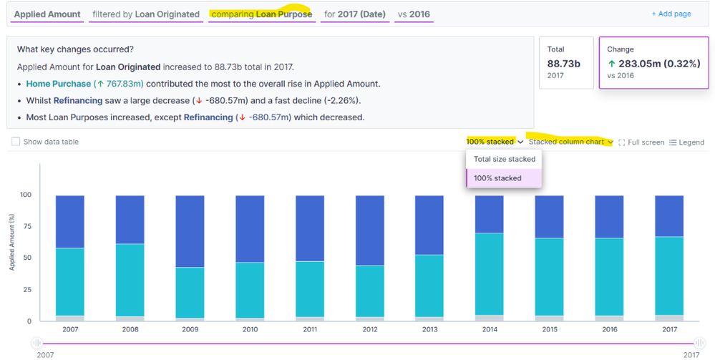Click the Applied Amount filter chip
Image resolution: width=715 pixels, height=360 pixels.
point(47,14)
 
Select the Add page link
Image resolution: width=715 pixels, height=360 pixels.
point(671,14)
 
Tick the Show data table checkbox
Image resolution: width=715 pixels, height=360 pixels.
point(16,142)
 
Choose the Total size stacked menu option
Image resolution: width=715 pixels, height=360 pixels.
point(504,160)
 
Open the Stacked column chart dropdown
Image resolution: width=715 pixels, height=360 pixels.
point(570,142)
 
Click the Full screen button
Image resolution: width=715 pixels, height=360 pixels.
point(641,142)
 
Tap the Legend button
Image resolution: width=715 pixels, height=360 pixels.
point(686,142)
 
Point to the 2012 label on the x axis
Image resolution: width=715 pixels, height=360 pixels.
point(370,329)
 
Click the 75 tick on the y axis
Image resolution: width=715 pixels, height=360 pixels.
point(28,226)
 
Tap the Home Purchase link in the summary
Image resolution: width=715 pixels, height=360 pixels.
point(58,84)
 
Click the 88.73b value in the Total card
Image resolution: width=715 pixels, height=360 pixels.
point(563,64)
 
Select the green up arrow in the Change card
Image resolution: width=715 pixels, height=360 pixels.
point(612,64)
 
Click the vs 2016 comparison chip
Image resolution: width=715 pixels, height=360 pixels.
point(414,14)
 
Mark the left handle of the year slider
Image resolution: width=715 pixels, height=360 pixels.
point(37,344)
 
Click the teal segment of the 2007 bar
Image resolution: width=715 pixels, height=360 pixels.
point(70,282)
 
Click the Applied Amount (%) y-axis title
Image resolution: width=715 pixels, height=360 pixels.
point(12,244)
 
